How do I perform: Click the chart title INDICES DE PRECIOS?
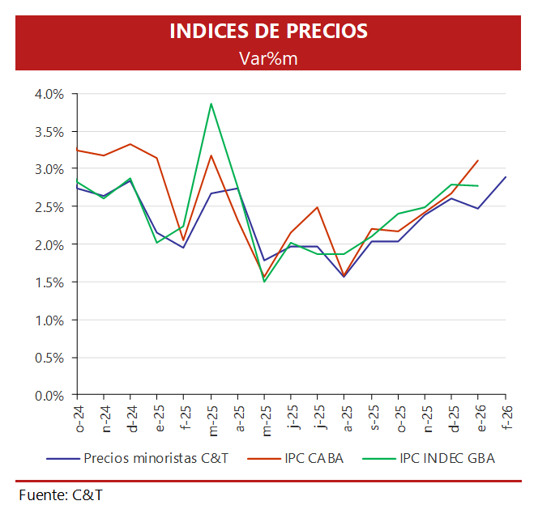[268, 32]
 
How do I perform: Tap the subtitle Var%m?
[268, 57]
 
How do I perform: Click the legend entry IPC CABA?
[314, 458]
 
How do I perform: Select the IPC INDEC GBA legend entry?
[446, 458]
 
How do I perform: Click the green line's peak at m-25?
[211, 104]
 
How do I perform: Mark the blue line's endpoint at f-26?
[506, 177]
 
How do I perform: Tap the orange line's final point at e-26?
[479, 160]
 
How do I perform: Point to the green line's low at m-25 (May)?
[264, 282]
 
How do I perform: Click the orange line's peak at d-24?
[131, 144]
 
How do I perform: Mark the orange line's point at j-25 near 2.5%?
[318, 207]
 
